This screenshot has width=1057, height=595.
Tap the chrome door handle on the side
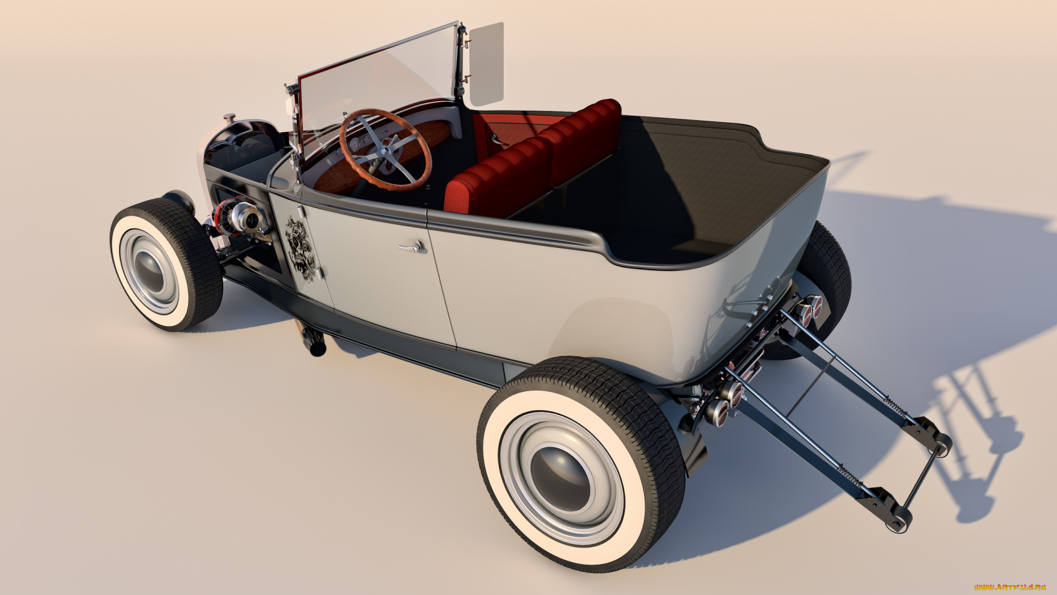412,247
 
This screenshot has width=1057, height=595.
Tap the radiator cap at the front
229,117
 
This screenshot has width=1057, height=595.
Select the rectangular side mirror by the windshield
486,64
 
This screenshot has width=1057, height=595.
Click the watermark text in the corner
1010,587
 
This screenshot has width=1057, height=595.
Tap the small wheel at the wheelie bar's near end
900,521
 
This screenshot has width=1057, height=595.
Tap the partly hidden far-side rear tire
826,275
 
